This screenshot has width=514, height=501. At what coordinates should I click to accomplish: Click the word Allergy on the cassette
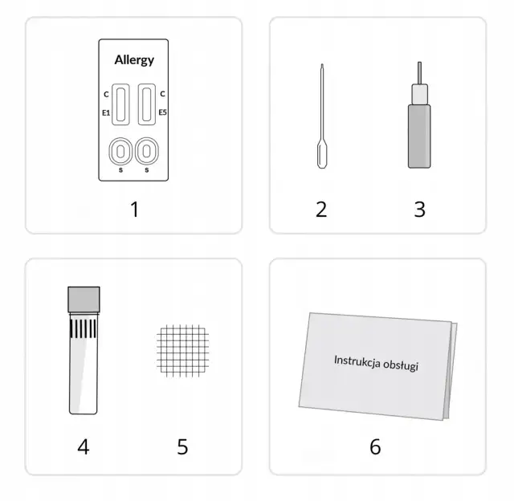pyautogui.click(x=134, y=60)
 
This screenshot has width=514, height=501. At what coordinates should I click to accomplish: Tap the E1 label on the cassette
pyautogui.click(x=106, y=112)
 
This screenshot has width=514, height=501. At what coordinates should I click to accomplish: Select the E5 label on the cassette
pyautogui.click(x=162, y=112)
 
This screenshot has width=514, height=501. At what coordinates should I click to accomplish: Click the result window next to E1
pyautogui.click(x=120, y=104)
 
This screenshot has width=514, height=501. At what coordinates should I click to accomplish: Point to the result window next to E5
pyautogui.click(x=146, y=104)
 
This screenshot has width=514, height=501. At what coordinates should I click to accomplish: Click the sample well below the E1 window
pyautogui.click(x=120, y=152)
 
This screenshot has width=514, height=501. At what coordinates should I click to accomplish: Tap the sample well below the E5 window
pyautogui.click(x=146, y=152)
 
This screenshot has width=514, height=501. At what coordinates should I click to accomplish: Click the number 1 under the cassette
pyautogui.click(x=135, y=210)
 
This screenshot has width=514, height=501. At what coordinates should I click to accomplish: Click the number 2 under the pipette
pyautogui.click(x=321, y=210)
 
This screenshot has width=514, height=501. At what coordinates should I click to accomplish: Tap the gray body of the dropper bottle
pyautogui.click(x=419, y=136)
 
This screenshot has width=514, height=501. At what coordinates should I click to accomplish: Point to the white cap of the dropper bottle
pyautogui.click(x=419, y=95)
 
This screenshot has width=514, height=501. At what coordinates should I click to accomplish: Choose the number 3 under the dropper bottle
pyautogui.click(x=419, y=210)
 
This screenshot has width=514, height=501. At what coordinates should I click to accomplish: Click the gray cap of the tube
pyautogui.click(x=84, y=299)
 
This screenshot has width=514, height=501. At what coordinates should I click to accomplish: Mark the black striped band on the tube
pyautogui.click(x=84, y=328)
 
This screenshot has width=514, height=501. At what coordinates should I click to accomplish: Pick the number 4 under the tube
pyautogui.click(x=84, y=446)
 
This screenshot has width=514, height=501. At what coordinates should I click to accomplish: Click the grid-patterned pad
pyautogui.click(x=182, y=351)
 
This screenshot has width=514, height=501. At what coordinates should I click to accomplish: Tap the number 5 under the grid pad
pyautogui.click(x=182, y=446)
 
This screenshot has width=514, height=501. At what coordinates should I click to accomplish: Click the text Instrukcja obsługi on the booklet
pyautogui.click(x=376, y=363)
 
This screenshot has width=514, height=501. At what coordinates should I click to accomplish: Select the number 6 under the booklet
pyautogui.click(x=375, y=446)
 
